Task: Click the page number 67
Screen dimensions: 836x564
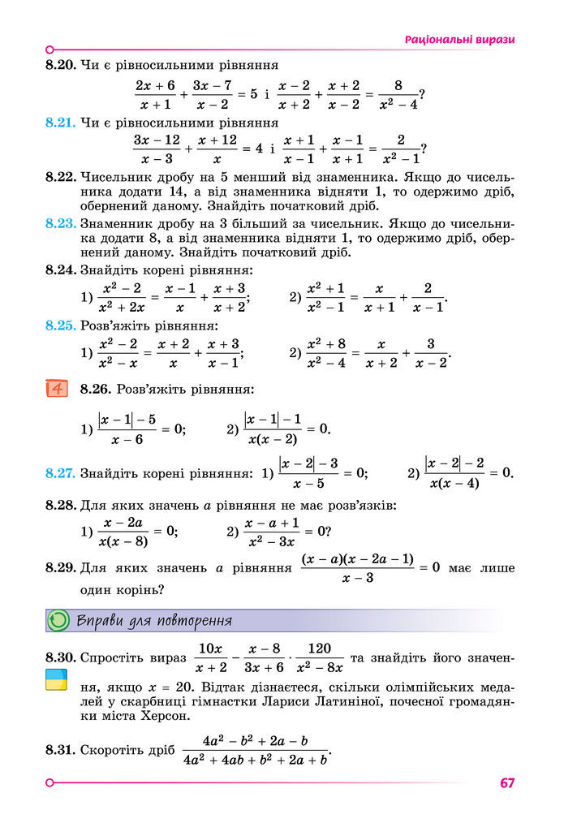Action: pos(507,783)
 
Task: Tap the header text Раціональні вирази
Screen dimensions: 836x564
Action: pos(460,39)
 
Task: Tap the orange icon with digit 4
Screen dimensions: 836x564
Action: pos(57,388)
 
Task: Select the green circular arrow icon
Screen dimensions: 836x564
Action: pos(58,621)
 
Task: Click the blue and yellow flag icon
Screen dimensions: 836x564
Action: pos(56,680)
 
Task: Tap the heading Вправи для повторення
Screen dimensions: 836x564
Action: pos(154,622)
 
